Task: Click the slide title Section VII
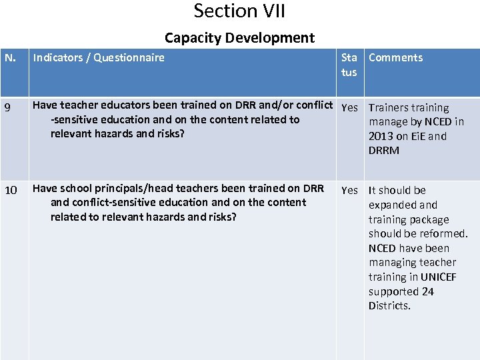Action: pyautogui.click(x=239, y=11)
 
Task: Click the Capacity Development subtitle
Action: pyautogui.click(x=239, y=38)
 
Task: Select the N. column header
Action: pyautogui.click(x=11, y=57)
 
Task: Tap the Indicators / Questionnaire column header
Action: pyautogui.click(x=99, y=57)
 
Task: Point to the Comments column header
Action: pyautogui.click(x=395, y=57)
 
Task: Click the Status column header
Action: pyautogui.click(x=349, y=65)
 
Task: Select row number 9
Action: pyautogui.click(x=9, y=107)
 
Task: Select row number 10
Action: pyautogui.click(x=11, y=191)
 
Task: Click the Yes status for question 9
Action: pyautogui.click(x=349, y=107)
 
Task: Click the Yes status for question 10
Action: pyautogui.click(x=349, y=191)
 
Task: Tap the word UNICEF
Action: pyautogui.click(x=439, y=277)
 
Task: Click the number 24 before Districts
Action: pyautogui.click(x=427, y=291)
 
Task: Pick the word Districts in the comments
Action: pyautogui.click(x=389, y=306)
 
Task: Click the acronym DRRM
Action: pyautogui.click(x=384, y=151)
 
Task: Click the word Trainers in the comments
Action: pyautogui.click(x=388, y=107)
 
